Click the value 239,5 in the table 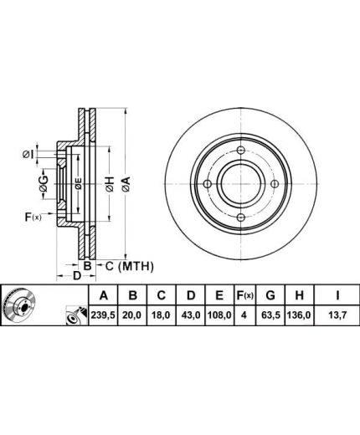(103, 315)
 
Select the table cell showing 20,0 (133, 315)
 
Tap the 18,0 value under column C (162, 315)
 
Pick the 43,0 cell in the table (191, 315)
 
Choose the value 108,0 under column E (219, 315)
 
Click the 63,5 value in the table (270, 315)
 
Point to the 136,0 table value (299, 315)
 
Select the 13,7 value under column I (337, 315)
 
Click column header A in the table (104, 295)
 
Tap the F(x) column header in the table (244, 295)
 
